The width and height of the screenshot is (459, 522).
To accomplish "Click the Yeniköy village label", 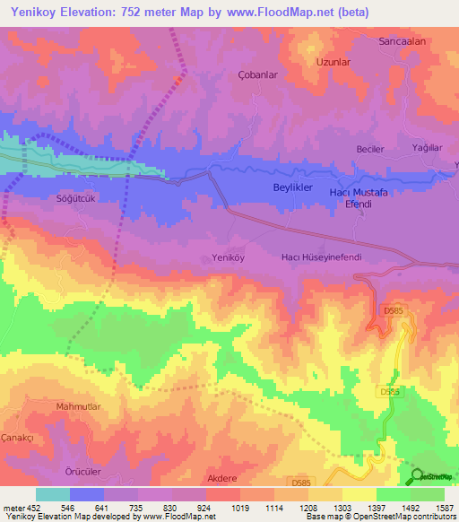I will coord(228,257).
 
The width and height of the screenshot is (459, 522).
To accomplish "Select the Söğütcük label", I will coord(75,198).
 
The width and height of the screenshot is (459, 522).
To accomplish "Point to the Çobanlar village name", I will coord(254,76).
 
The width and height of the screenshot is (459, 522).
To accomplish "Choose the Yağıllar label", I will coord(427,149).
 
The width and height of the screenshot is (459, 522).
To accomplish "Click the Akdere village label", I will coord(222,479).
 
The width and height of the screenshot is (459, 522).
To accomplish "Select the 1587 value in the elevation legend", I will coord(441,507).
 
